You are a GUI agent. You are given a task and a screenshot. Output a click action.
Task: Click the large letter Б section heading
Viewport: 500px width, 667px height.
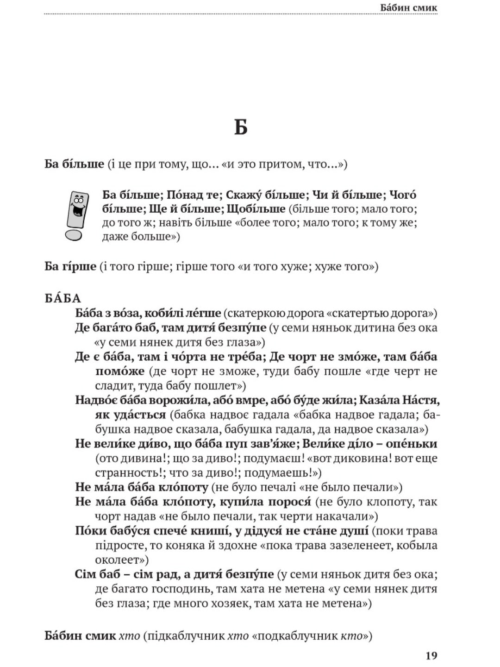pos(240,126)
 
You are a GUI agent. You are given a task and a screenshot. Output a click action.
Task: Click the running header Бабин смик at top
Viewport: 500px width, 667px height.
pos(408,7)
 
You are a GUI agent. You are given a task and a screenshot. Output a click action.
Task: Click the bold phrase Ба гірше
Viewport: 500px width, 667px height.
pos(70,266)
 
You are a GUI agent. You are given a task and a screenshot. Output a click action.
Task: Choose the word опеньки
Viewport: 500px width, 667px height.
pos(412,443)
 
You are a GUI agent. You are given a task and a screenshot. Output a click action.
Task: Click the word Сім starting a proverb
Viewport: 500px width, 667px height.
pos(85,574)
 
